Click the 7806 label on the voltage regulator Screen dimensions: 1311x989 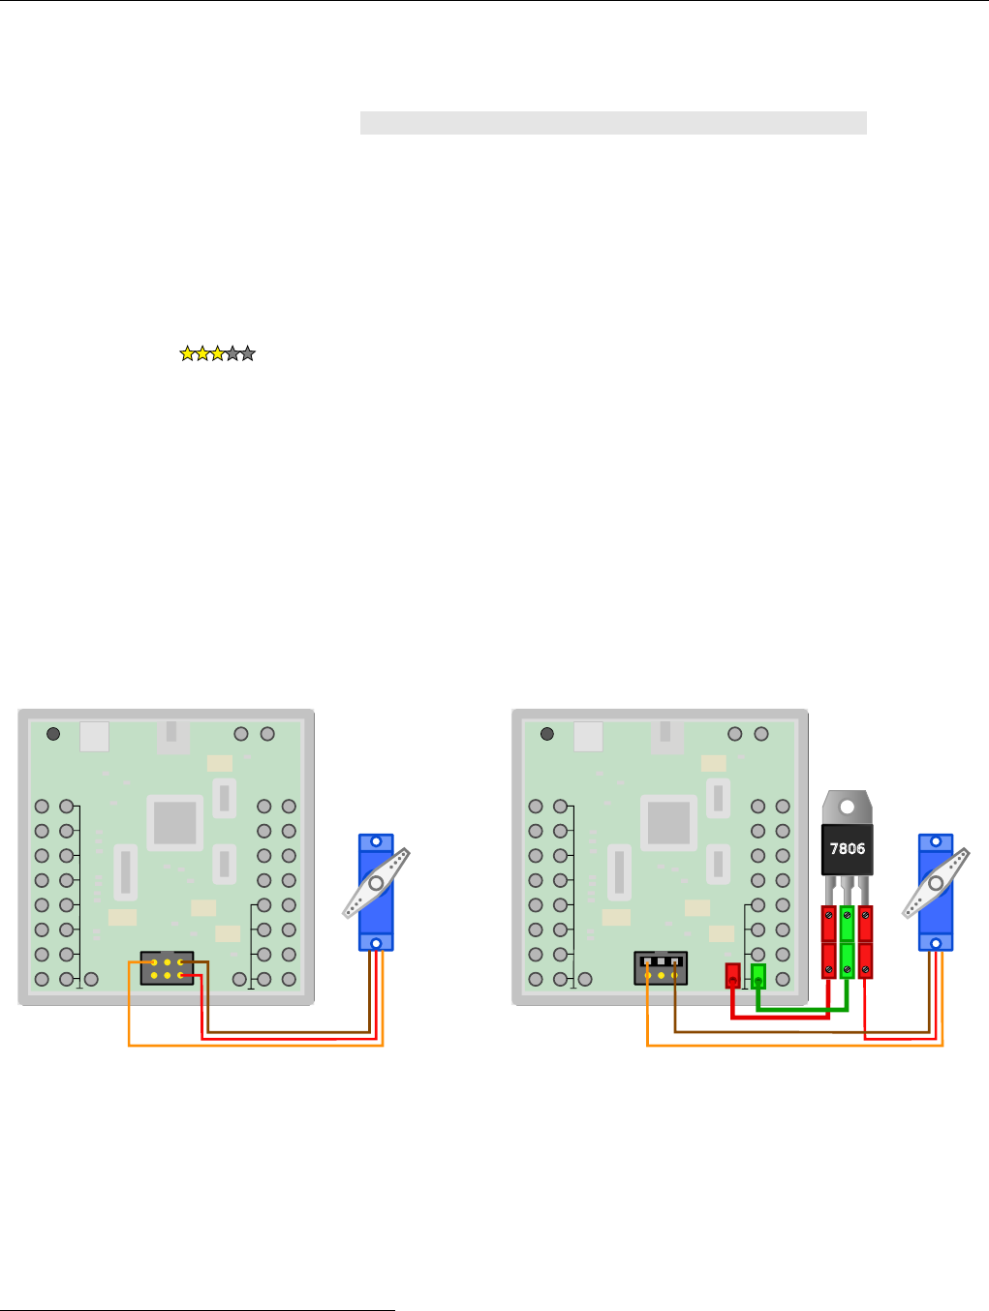848,849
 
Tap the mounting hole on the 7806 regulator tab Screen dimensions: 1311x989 848,806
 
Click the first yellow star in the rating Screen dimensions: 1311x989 187,354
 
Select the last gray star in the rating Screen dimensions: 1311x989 248,354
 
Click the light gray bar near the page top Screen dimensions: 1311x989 612,123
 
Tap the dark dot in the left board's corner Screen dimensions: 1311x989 53,734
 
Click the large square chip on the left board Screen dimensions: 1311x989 174,823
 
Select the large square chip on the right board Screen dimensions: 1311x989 668,823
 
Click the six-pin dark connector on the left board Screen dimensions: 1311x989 167,968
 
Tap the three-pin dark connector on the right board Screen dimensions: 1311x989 661,968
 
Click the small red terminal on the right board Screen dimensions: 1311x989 732,975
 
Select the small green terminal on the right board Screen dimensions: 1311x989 758,975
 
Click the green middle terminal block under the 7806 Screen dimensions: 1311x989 848,941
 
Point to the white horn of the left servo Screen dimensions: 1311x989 376,883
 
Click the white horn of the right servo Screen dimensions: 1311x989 936,883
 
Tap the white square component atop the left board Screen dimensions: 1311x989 94,737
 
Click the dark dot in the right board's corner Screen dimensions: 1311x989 547,734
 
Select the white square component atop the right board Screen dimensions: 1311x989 588,737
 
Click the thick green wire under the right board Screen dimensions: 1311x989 804,1008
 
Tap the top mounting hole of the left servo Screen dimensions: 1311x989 376,843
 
